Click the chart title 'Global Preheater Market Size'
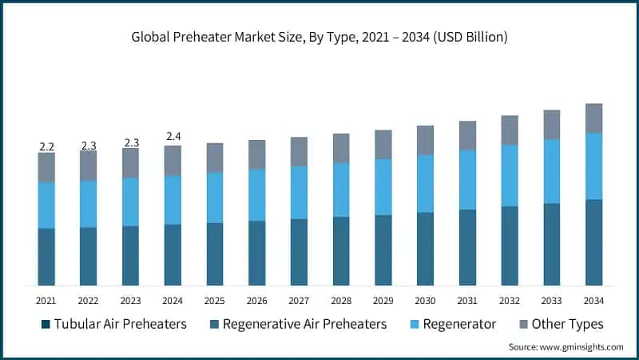pos(319,38)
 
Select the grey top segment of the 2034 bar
pos(593,118)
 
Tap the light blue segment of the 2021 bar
pos(46,205)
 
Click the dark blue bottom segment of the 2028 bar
pos(341,250)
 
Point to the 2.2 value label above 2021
pos(46,146)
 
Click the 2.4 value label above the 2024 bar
pos(173,137)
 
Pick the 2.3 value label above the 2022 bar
pos(88,146)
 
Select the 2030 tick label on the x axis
pos(425,299)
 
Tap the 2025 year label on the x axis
pos(215,299)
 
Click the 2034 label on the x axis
pos(593,299)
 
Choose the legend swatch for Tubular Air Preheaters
pos(46,324)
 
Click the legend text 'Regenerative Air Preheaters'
pos(304,324)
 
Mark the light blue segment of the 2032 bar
pos(510,175)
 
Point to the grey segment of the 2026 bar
pos(256,154)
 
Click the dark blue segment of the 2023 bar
pos(130,255)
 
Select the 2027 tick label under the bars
pos(299,299)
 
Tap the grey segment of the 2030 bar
pos(425,140)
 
